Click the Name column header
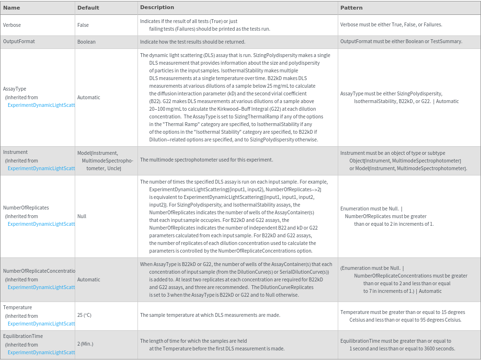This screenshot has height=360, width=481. point(11,8)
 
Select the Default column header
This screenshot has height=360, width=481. point(88,8)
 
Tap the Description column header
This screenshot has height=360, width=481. point(157,8)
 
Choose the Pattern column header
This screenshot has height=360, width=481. point(351,8)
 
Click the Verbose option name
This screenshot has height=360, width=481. point(12,25)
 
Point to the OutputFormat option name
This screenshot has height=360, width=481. point(19,42)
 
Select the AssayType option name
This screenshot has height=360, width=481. point(14,89)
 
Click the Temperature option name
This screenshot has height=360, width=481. point(17,307)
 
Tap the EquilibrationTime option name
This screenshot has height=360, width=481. point(23,336)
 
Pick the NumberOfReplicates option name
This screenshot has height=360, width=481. point(26,208)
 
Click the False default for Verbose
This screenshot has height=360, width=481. point(83,25)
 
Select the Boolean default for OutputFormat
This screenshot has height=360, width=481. point(86,42)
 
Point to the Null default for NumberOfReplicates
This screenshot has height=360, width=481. point(82,216)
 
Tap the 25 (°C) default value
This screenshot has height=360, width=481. point(84,315)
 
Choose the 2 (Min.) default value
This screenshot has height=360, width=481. point(85,344)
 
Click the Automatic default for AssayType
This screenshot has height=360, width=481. point(89,97)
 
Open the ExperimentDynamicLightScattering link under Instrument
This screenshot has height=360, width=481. point(41,168)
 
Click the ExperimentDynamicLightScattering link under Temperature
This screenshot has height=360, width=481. point(41,324)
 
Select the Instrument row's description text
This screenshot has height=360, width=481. point(206,160)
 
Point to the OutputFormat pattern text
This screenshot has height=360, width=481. point(401,42)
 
